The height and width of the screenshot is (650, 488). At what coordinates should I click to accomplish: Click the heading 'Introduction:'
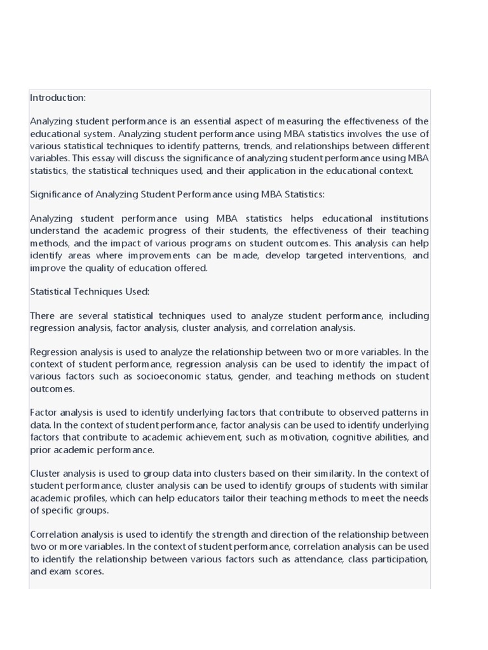(58, 98)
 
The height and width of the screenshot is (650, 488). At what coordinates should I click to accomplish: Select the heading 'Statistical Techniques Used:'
(90, 292)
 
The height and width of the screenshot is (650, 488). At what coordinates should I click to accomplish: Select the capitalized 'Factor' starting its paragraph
(44, 413)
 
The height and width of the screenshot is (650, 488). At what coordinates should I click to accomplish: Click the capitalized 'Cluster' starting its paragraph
(46, 474)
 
